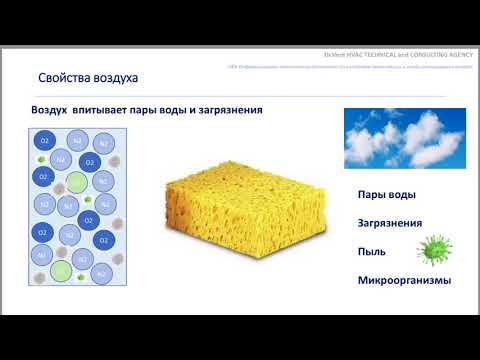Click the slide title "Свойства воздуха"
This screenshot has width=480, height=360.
click(x=87, y=77)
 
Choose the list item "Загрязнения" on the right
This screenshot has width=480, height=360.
click(x=390, y=223)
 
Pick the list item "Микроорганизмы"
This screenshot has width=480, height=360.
click(x=404, y=280)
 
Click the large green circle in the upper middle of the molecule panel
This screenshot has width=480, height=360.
click(x=75, y=183)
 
